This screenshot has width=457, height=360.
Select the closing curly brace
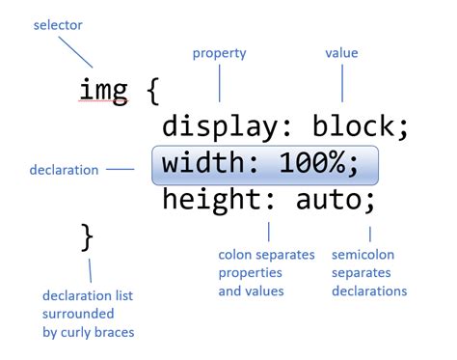(x=87, y=235)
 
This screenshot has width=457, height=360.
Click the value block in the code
(x=356, y=127)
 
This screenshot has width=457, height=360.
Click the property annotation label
(x=220, y=54)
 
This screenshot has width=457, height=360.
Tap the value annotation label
(x=341, y=54)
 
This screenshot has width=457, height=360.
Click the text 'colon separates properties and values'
(x=267, y=273)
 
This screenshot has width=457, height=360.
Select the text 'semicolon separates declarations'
(x=369, y=273)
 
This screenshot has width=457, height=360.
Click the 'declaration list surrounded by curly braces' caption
(x=90, y=314)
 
